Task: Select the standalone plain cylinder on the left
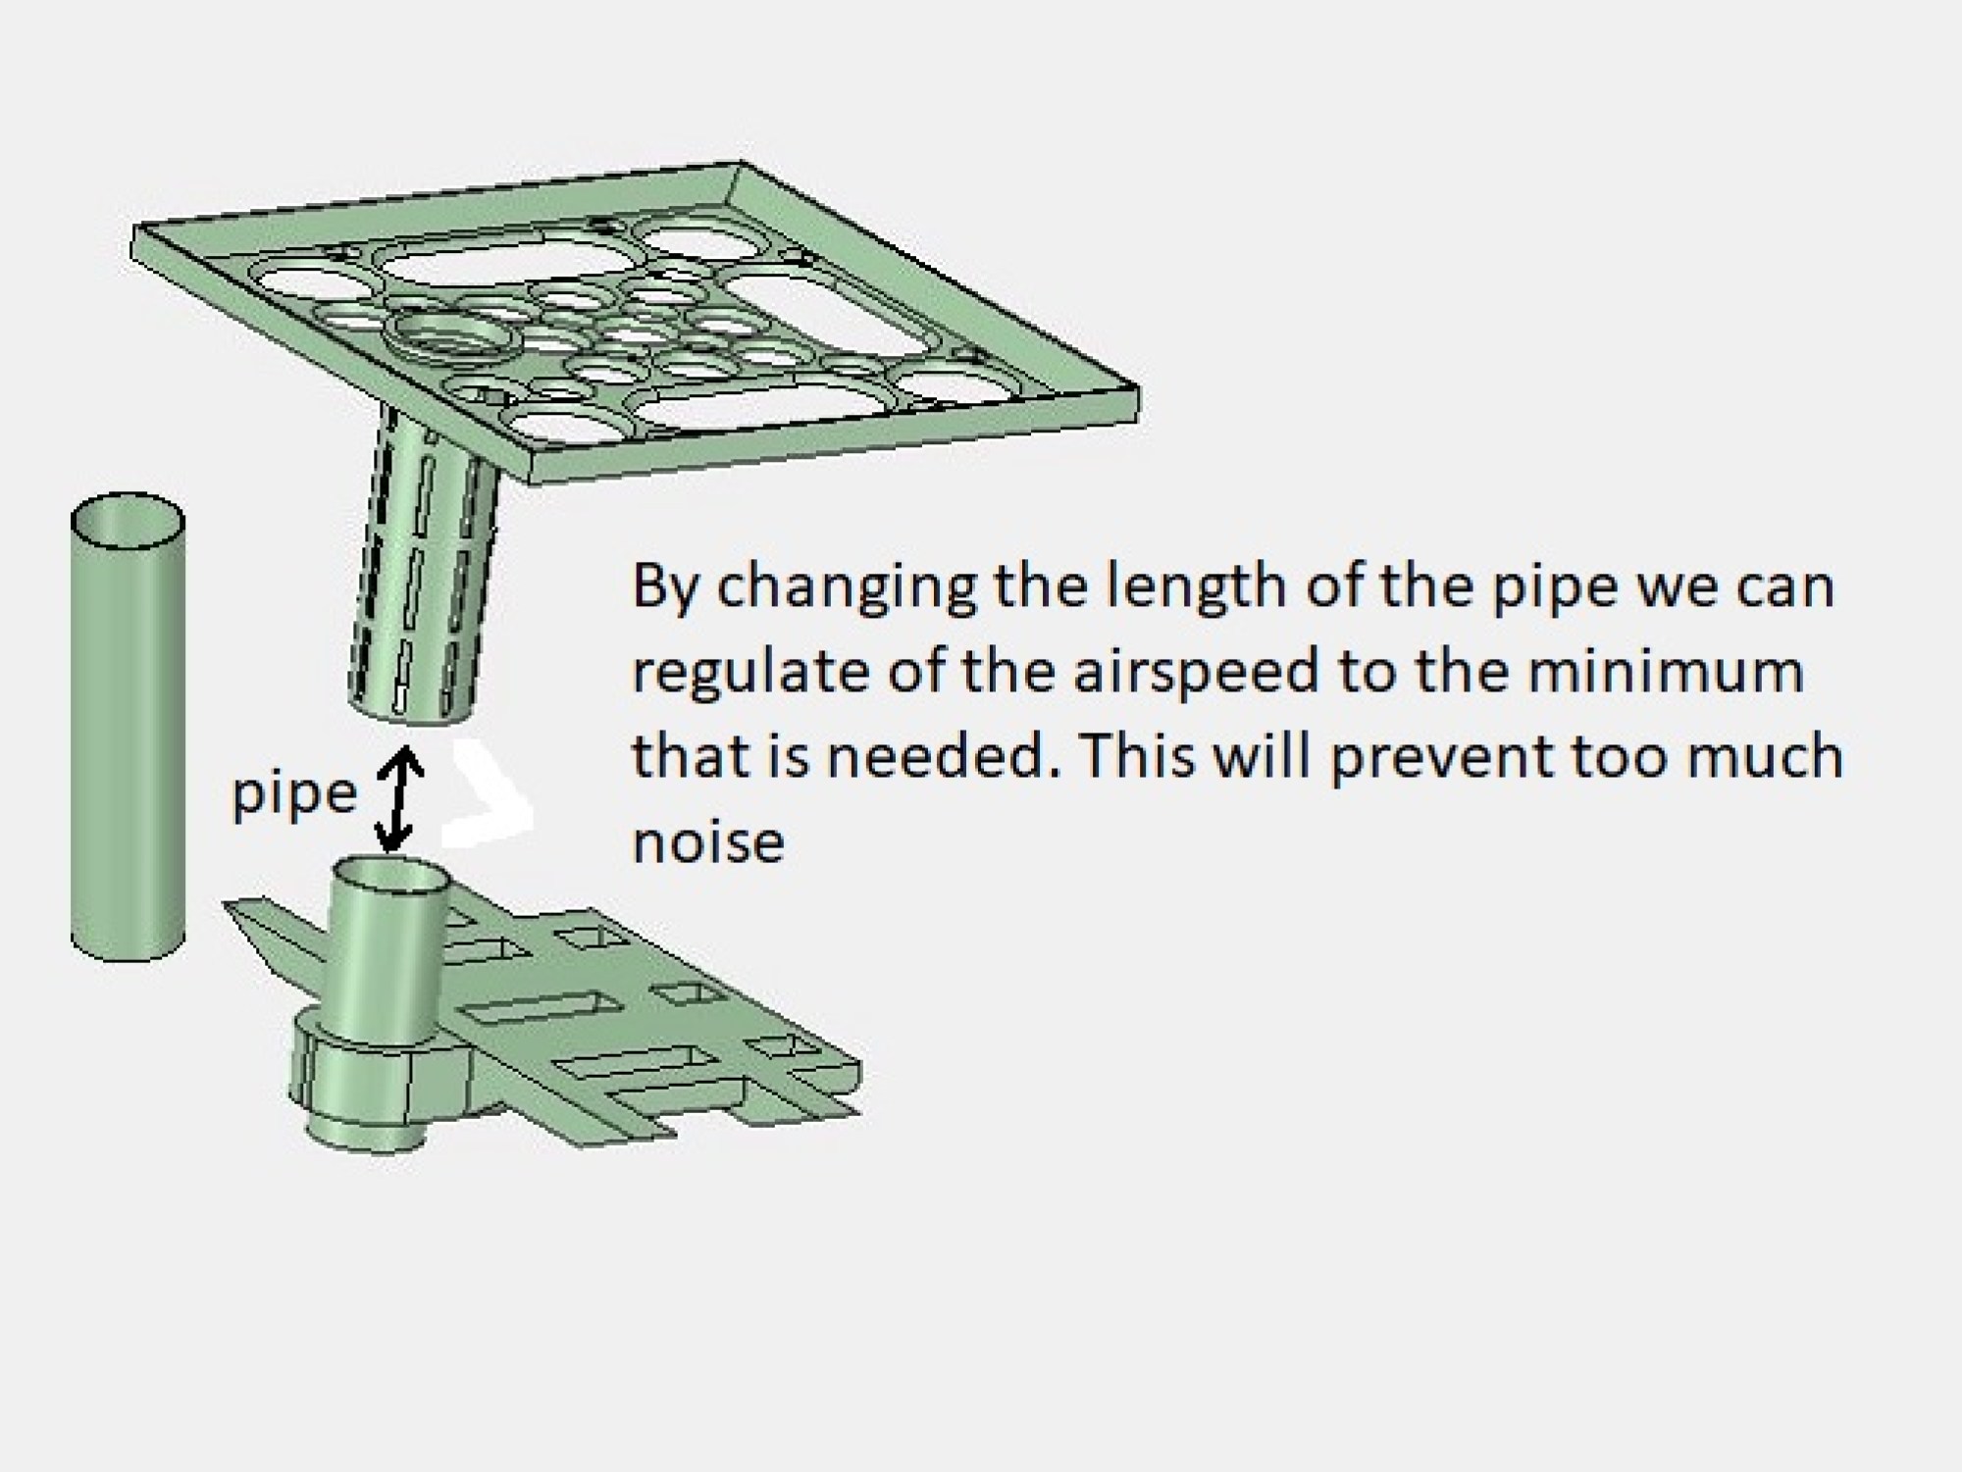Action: point(128,745)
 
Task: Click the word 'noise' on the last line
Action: point(708,842)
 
